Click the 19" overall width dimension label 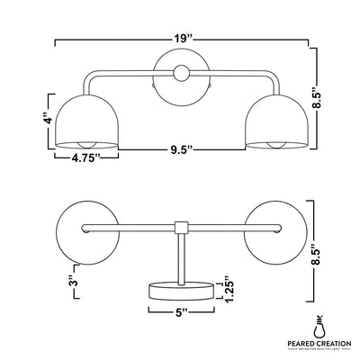(184, 39)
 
